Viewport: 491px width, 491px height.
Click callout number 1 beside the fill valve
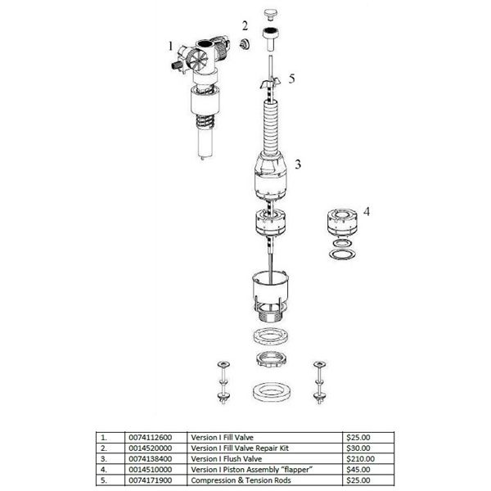point(170,47)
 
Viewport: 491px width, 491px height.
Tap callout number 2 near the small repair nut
point(245,25)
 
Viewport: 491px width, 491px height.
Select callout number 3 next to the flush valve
point(298,164)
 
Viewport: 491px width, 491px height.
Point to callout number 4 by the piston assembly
point(367,212)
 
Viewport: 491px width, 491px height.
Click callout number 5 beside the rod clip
point(291,79)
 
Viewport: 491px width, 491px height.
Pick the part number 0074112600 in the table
point(151,438)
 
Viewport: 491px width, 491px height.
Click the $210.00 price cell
point(360,459)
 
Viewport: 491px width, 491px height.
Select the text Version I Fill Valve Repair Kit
point(240,448)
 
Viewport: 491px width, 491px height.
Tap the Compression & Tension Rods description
point(241,480)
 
